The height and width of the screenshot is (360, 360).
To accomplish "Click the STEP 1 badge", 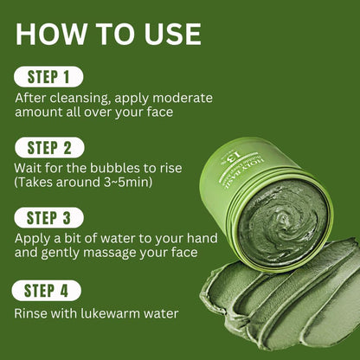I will (48, 76).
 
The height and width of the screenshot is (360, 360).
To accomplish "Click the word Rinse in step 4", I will (32, 314).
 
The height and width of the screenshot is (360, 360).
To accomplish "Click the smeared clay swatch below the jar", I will (277, 303).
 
